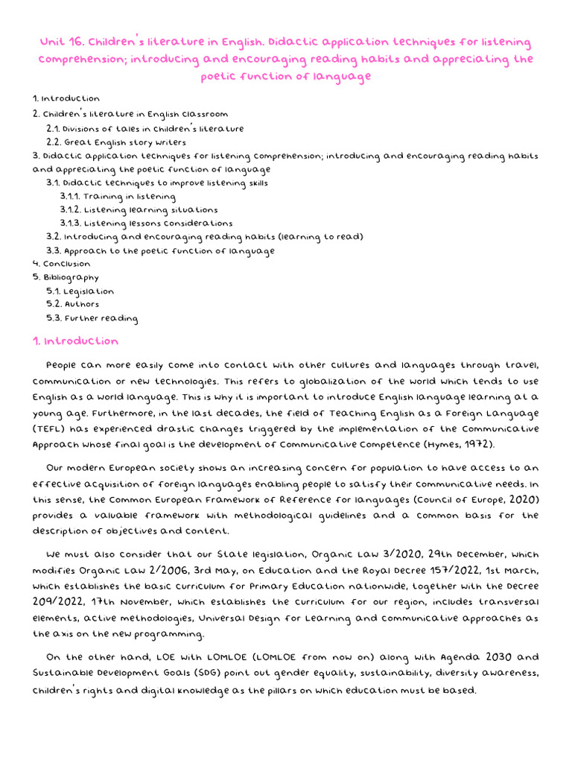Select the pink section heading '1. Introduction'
75,341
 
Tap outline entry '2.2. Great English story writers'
116,142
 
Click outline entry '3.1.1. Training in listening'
118,196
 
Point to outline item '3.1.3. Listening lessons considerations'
147,223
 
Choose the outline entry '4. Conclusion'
62,264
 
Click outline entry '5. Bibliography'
66,277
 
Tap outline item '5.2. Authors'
72,305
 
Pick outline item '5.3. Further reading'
92,319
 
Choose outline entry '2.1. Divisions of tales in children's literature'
145,128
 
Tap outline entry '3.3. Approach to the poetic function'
160,250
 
